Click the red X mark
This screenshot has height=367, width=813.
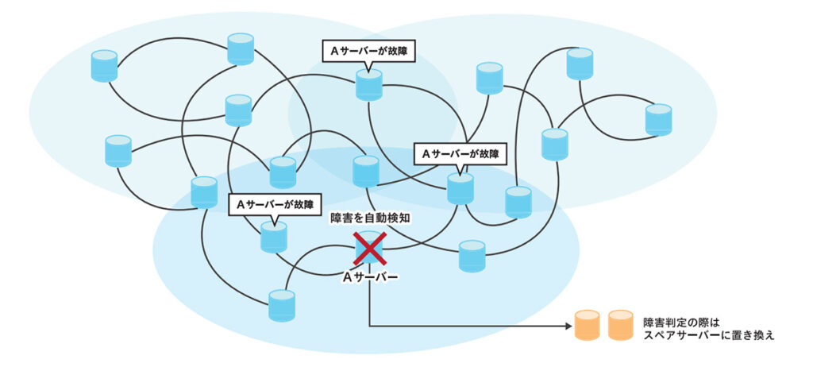369,249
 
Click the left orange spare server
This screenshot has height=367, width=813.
588,326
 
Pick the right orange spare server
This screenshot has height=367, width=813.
621,326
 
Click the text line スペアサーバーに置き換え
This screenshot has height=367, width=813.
709,335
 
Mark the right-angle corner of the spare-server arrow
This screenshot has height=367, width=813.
369,326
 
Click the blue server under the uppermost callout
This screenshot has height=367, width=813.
368,85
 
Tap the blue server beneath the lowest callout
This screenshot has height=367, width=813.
274,237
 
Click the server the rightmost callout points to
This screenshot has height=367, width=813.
460,188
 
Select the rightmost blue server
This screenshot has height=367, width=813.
658,119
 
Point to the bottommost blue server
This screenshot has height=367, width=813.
282,306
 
